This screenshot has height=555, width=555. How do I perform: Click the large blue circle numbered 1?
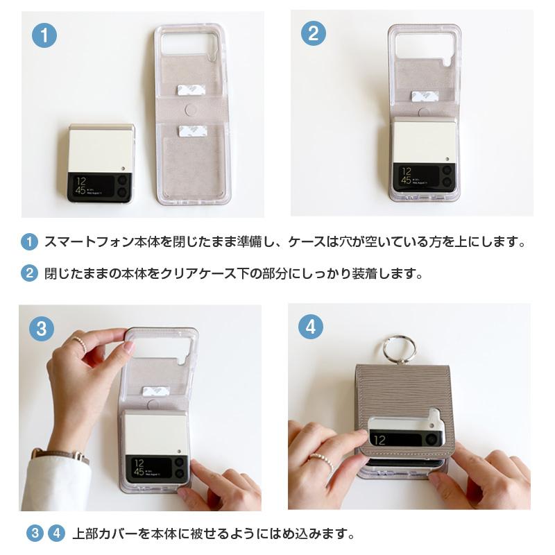44,35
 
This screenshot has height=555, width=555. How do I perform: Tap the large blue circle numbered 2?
314,33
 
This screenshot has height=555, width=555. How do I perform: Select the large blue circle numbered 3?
42,329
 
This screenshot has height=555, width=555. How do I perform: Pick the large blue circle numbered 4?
310,327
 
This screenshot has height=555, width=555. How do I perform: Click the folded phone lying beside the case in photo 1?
101,163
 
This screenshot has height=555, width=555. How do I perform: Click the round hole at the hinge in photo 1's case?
191,110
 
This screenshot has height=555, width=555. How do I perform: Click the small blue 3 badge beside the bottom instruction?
35,533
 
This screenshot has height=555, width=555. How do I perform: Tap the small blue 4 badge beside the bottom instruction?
57,533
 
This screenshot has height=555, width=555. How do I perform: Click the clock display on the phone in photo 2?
407,176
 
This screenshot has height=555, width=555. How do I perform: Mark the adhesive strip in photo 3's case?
155,392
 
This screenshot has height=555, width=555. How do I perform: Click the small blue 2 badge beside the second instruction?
29,273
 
